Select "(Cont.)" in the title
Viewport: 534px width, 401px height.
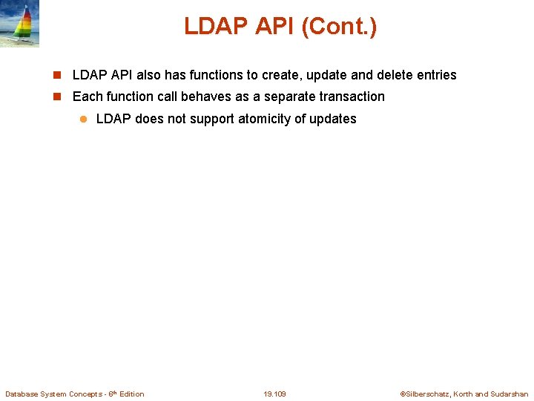pyautogui.click(x=339, y=27)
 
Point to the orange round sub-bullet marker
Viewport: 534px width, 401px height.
pyautogui.click(x=83, y=119)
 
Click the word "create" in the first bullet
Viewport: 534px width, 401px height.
pyautogui.click(x=280, y=75)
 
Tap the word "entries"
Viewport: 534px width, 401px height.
pyautogui.click(x=437, y=75)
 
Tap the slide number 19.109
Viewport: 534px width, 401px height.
pyautogui.click(x=274, y=394)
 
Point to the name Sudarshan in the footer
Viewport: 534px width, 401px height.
pyautogui.click(x=510, y=394)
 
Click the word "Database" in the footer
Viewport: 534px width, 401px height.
pyautogui.click(x=22, y=394)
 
